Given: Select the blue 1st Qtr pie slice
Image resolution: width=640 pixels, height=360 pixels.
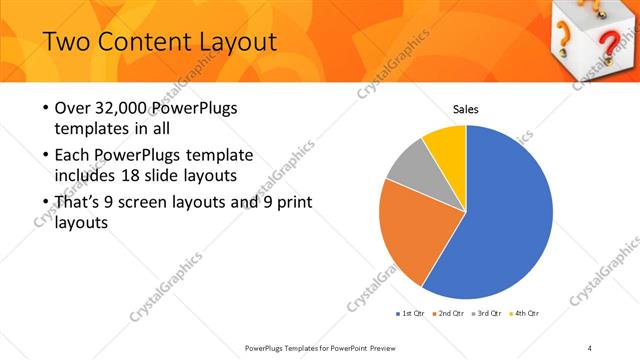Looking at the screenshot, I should click(500, 220).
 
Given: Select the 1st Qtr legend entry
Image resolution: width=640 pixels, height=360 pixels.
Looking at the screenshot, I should click(411, 314).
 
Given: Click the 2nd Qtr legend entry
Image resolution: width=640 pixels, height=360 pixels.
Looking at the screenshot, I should click(451, 314).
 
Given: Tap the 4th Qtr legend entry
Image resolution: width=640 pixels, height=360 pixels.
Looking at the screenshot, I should click(527, 314).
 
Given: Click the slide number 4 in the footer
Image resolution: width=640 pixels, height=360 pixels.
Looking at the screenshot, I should click(590, 346).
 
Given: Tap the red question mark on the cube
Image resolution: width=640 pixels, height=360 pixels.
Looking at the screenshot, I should click(608, 45).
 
